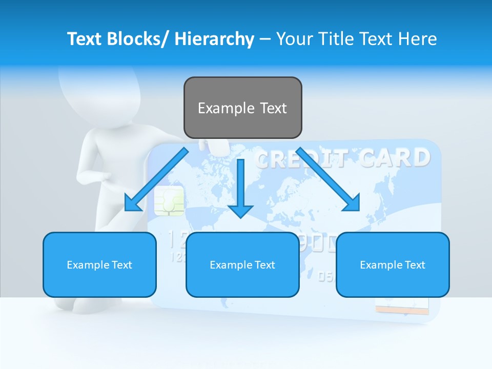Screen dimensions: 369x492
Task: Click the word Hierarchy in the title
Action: point(214,39)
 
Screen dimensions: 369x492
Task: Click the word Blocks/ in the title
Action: point(137,39)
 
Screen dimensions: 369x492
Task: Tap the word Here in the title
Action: point(417,39)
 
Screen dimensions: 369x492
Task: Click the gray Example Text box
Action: point(242,108)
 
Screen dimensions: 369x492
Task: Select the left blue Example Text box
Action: point(99,264)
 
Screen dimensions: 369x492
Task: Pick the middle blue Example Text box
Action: point(242,264)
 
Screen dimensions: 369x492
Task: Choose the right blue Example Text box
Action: point(393,264)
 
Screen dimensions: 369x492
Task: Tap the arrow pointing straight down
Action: point(241,190)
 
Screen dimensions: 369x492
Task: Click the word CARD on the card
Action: point(395,158)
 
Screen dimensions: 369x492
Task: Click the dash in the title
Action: point(265,39)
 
